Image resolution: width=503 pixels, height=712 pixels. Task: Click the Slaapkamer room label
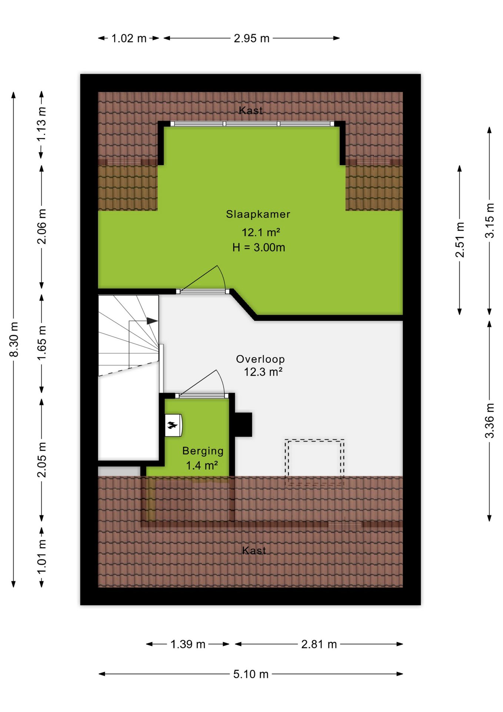click(x=258, y=214)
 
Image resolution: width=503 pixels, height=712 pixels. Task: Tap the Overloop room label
click(x=260, y=359)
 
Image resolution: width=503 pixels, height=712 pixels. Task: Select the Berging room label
click(x=203, y=451)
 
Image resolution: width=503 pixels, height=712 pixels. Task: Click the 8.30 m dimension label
click(x=14, y=339)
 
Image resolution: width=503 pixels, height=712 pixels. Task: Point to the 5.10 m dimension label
click(x=251, y=674)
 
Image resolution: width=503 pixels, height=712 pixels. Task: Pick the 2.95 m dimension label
click(x=251, y=38)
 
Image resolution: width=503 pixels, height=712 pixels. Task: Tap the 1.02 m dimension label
click(x=129, y=38)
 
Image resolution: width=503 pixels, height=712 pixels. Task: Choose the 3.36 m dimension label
click(x=489, y=421)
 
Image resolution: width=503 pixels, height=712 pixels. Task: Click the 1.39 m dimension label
click(x=188, y=644)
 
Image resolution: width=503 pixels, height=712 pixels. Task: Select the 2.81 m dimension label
click(x=319, y=644)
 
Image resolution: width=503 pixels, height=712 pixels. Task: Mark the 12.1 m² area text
click(x=261, y=233)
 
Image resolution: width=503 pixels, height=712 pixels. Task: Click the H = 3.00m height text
click(x=259, y=247)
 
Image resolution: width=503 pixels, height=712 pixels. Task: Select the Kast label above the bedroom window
click(x=251, y=110)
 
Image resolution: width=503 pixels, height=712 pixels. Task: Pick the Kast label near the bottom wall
click(x=254, y=550)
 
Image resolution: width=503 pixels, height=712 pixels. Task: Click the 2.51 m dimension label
click(x=460, y=240)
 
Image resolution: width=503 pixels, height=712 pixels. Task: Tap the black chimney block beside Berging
click(x=243, y=424)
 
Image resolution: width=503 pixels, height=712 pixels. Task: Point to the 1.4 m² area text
click(x=202, y=465)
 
